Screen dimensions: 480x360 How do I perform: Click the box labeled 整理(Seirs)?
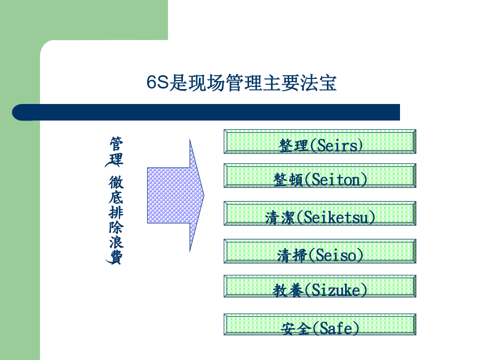click(320, 141)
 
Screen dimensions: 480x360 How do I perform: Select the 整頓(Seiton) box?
click(320, 175)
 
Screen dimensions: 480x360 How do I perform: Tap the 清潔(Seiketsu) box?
click(320, 213)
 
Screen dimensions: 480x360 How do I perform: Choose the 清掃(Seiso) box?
click(320, 251)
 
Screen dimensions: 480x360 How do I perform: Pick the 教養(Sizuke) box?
click(320, 286)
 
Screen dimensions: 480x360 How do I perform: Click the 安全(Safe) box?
click(320, 324)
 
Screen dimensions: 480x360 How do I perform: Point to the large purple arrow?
click(175, 195)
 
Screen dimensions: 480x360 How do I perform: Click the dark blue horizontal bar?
click(206, 113)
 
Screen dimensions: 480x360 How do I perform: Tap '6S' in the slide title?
click(157, 82)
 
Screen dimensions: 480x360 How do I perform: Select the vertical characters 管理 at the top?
click(116, 151)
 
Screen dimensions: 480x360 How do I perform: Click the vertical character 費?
click(116, 257)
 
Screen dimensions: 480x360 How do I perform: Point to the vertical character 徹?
click(116, 182)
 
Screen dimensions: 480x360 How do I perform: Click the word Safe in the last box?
click(336, 329)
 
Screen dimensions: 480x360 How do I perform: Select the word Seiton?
click(336, 180)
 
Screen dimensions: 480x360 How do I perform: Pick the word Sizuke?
click(336, 290)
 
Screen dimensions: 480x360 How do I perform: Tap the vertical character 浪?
click(116, 242)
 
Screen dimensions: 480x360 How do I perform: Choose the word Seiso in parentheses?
click(336, 255)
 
